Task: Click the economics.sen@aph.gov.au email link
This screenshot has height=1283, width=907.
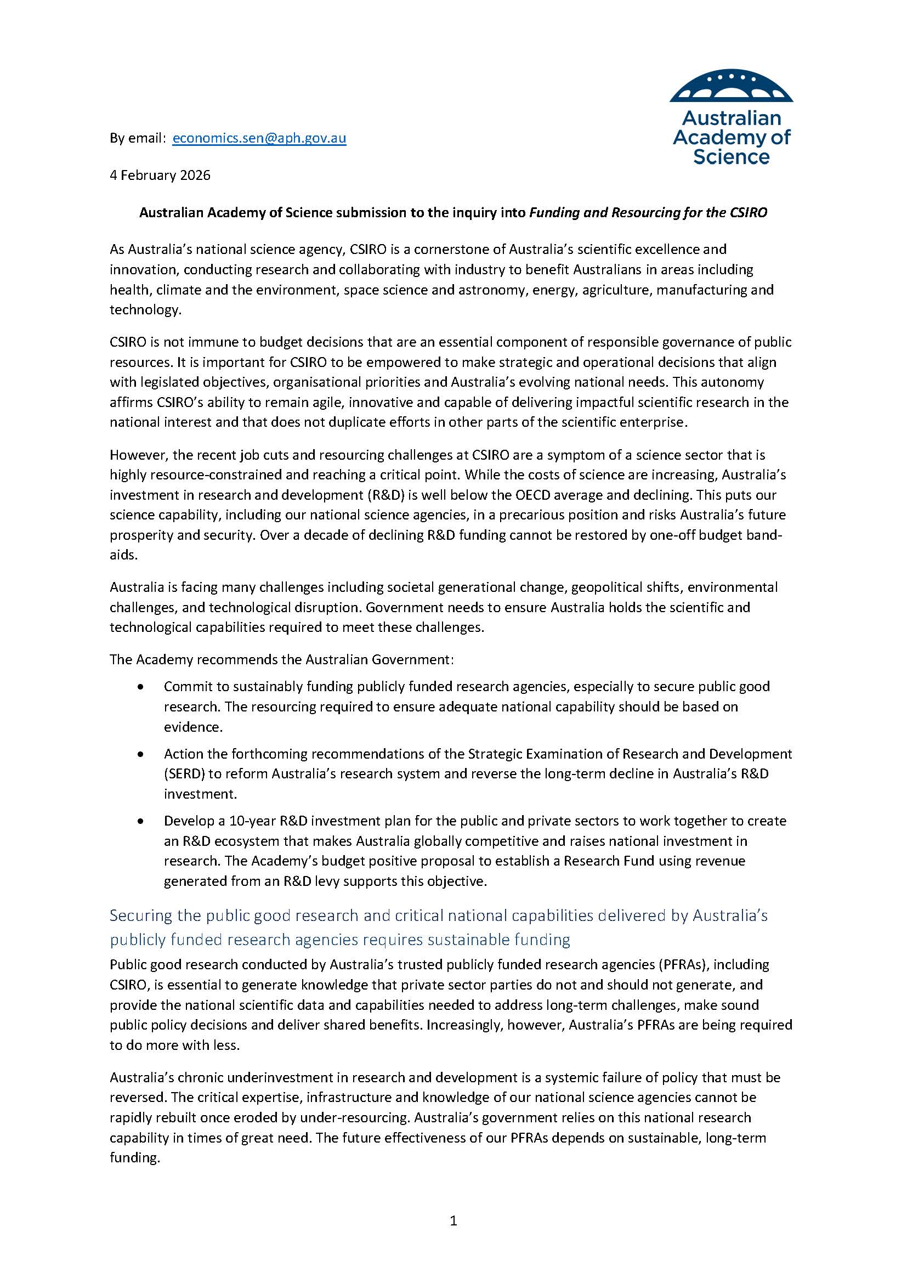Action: click(259, 138)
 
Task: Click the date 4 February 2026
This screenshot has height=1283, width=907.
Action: click(160, 176)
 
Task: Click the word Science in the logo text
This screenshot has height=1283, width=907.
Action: click(731, 157)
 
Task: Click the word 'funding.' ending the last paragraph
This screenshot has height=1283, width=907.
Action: click(134, 1158)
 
